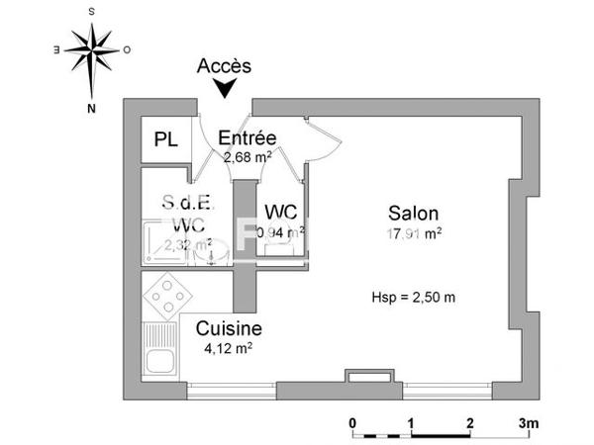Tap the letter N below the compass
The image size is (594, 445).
tap(91, 108)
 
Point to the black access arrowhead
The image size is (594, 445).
tap(225, 89)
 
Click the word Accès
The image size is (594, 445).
tap(224, 66)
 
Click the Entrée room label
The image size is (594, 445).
tap(247, 137)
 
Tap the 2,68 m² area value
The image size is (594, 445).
tap(247, 155)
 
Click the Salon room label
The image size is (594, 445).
tap(413, 213)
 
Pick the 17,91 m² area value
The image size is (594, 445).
tap(414, 233)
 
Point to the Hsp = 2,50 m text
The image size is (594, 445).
tap(413, 296)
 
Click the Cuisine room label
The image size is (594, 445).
tap(229, 328)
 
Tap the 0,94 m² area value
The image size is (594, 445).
tap(280, 232)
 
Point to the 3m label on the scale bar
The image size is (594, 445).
tap(526, 422)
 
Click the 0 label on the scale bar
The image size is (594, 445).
tap(352, 422)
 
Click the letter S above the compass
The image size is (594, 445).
tap(91, 9)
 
